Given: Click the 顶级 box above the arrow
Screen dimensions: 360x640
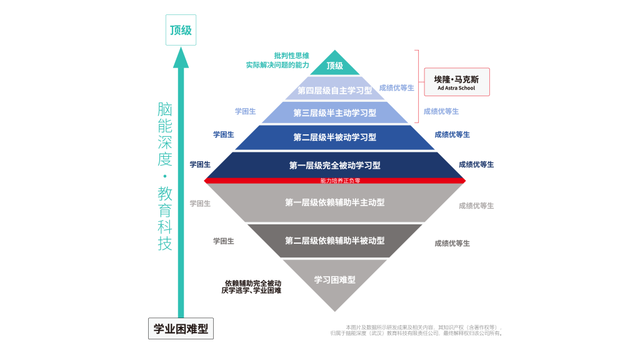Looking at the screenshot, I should (x=181, y=30).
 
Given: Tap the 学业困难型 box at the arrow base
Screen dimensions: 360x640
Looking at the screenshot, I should (x=181, y=329).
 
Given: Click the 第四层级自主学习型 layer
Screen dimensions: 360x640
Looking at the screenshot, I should (x=335, y=91).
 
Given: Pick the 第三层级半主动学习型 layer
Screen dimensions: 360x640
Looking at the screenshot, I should (x=335, y=113).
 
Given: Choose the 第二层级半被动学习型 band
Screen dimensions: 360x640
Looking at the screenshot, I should (x=335, y=137).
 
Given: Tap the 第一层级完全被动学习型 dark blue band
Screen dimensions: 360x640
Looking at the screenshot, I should (x=335, y=166).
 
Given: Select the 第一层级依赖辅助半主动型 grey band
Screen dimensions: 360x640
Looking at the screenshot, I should (x=335, y=202).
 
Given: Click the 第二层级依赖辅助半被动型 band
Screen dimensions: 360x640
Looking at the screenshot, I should (x=335, y=241).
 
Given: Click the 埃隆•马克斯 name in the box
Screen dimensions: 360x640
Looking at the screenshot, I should (x=456, y=79).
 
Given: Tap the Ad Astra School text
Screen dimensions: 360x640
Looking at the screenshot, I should (x=456, y=89).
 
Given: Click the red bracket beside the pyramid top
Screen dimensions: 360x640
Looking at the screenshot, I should (x=417, y=86).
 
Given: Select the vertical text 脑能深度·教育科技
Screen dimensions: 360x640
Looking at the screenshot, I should (x=164, y=176).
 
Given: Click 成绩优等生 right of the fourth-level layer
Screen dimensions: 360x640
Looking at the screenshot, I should (x=397, y=87).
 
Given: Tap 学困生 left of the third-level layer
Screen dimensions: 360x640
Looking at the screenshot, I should (x=246, y=111).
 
